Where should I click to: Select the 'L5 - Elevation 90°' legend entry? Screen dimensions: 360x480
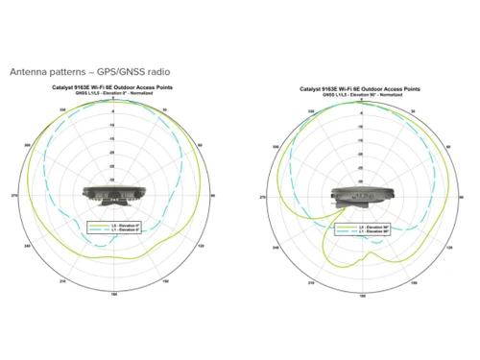click(x=364, y=227)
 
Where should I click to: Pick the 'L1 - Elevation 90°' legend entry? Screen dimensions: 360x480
click(x=364, y=231)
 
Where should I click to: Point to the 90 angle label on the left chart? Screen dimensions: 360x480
click(x=214, y=196)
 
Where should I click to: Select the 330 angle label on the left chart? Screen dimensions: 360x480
click(x=64, y=110)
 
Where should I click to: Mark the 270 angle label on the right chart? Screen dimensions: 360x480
click(x=262, y=196)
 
